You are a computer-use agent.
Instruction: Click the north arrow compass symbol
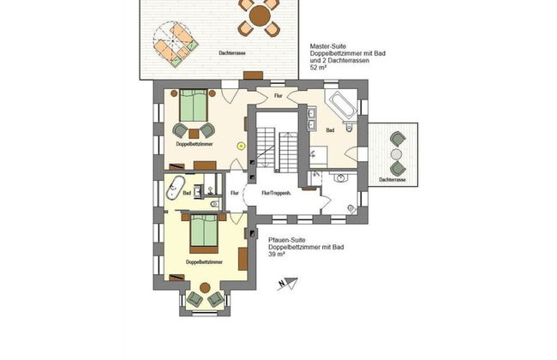pyautogui.click(x=292, y=281)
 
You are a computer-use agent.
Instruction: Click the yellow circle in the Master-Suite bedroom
pyautogui.click(x=241, y=147)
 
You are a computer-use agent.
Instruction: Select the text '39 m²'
pyautogui.click(x=278, y=255)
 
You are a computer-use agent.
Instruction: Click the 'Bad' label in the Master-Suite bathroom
pyautogui.click(x=330, y=131)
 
